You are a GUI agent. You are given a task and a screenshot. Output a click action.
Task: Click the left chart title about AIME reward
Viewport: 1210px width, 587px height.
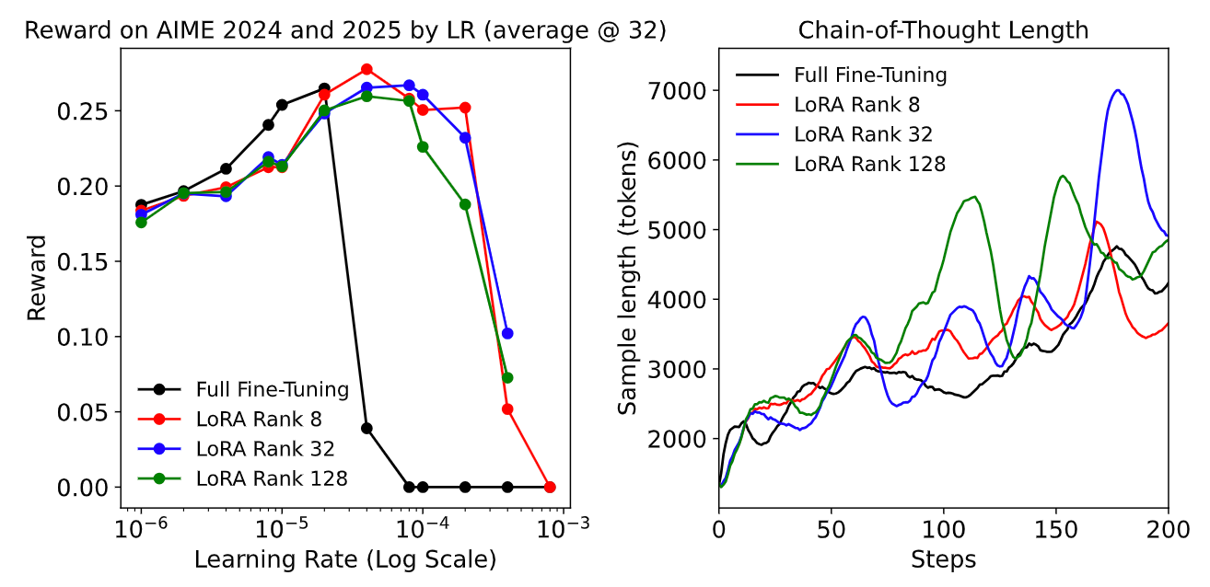344,30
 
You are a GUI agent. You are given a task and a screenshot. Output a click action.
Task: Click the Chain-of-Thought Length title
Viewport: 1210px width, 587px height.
943,30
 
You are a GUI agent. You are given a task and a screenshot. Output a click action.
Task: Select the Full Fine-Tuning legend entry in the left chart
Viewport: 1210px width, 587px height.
271,389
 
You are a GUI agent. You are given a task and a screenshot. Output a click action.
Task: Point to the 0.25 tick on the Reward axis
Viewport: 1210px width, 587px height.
88,111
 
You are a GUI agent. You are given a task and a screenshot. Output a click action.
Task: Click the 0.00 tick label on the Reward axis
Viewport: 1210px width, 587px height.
88,487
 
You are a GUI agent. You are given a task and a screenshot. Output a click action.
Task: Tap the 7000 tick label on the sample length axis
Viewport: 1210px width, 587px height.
676,91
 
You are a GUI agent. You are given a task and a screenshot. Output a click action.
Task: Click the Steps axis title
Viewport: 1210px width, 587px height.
943,558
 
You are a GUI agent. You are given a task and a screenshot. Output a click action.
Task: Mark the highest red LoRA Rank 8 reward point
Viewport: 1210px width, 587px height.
366,69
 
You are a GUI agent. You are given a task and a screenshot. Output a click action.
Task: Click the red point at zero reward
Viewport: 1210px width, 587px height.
550,487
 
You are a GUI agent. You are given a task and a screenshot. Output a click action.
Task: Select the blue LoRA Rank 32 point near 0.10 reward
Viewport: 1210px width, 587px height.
507,333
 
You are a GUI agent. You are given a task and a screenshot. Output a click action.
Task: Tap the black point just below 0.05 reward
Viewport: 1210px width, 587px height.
366,428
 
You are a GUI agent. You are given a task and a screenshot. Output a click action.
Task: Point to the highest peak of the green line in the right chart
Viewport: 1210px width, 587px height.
1063,176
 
